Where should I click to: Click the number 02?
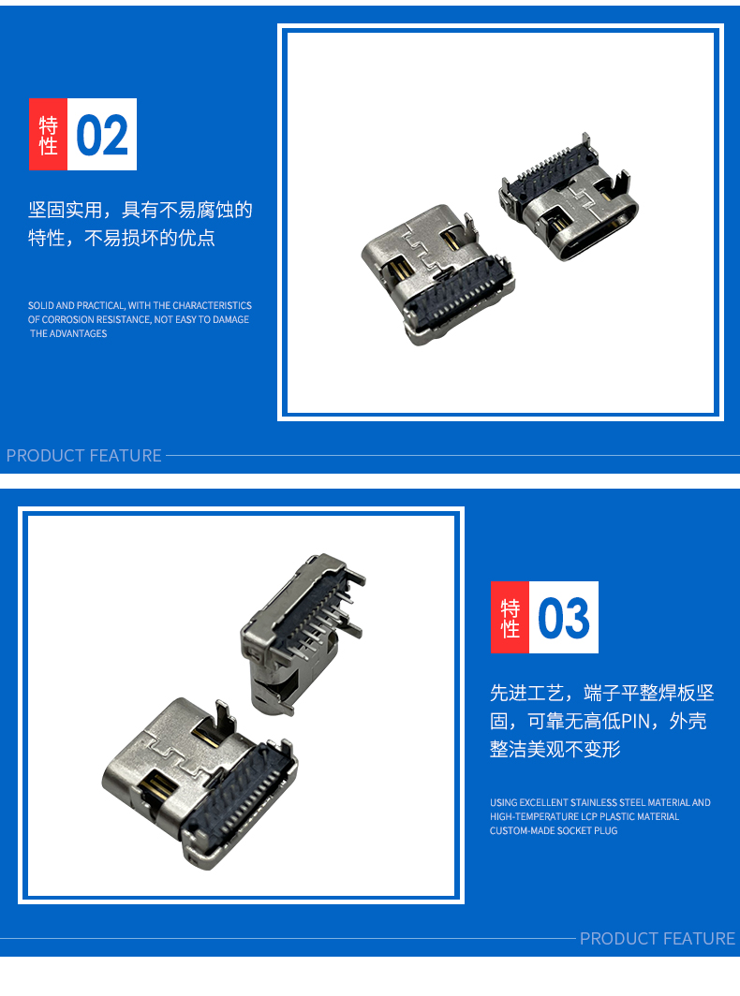click(x=102, y=135)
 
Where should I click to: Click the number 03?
click(x=563, y=618)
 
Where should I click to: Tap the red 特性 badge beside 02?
click(x=48, y=134)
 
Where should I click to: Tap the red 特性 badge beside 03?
click(x=510, y=618)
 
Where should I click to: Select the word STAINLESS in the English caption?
click(x=594, y=802)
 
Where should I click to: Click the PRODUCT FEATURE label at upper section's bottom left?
click(x=84, y=456)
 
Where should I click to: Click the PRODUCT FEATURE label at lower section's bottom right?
click(x=658, y=938)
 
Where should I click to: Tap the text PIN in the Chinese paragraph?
click(x=635, y=721)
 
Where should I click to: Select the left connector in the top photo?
click(x=438, y=274)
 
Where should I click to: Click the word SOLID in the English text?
click(x=40, y=305)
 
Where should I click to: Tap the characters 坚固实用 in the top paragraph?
click(x=66, y=210)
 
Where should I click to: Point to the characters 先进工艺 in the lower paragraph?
click(x=527, y=693)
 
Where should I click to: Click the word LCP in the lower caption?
click(x=589, y=816)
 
